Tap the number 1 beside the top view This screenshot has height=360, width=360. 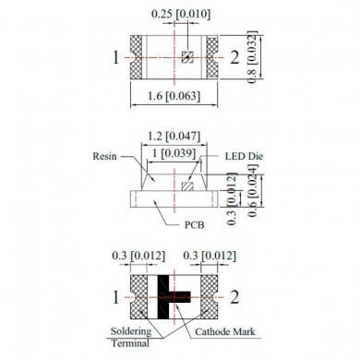[116, 58]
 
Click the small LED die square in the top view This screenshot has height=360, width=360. [186, 57]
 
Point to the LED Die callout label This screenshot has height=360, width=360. [243, 158]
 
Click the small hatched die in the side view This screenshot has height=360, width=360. [188, 186]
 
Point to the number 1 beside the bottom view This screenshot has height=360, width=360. [116, 297]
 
